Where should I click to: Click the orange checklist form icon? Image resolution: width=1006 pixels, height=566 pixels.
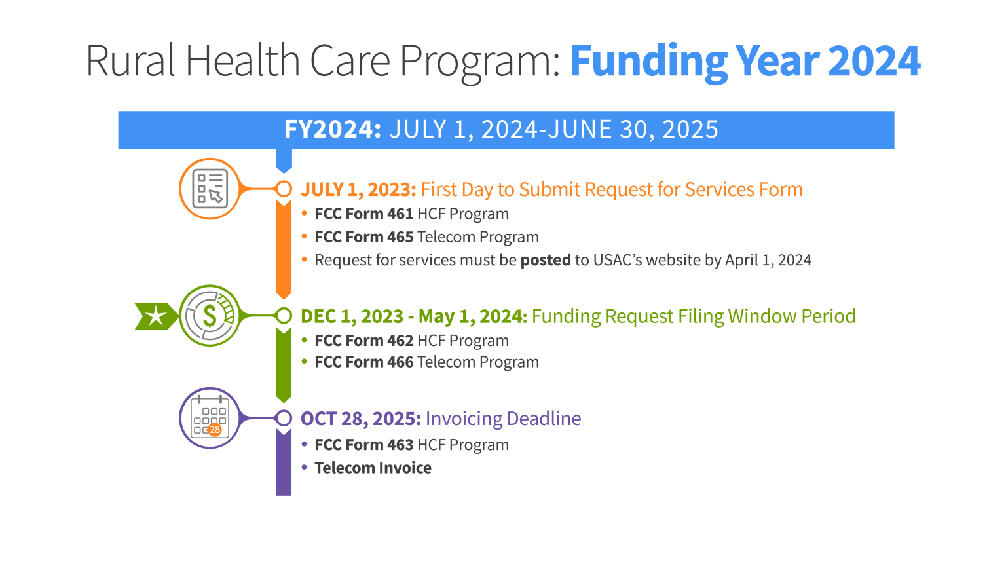click(x=210, y=189)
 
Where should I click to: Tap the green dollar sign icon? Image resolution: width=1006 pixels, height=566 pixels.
click(x=210, y=316)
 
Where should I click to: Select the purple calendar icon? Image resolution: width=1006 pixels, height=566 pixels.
click(x=210, y=418)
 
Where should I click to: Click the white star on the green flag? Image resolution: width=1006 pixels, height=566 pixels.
click(x=155, y=316)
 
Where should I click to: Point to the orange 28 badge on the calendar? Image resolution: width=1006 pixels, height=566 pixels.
click(x=215, y=430)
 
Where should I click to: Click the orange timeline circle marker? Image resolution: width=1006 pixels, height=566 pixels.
click(x=284, y=189)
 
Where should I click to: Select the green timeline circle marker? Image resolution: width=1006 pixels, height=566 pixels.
click(x=284, y=316)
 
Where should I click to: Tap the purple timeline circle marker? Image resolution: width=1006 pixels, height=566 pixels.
click(x=284, y=418)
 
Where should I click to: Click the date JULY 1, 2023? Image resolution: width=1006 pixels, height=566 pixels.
click(x=358, y=189)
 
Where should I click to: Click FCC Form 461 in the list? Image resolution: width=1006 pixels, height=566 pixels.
click(x=363, y=214)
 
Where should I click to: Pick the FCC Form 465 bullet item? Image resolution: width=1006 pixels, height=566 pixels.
click(x=363, y=237)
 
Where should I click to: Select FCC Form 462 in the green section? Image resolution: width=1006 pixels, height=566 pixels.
click(x=363, y=341)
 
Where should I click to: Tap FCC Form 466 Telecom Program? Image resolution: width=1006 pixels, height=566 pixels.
click(x=426, y=362)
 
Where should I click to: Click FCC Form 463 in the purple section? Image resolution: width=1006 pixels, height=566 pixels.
click(x=363, y=445)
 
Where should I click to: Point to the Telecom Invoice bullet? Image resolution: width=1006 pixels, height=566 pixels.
click(x=373, y=468)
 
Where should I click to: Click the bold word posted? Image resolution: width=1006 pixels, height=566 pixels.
click(x=546, y=261)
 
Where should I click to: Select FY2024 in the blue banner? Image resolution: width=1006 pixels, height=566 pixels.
click(x=332, y=130)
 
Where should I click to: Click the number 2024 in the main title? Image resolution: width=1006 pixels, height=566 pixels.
click(x=874, y=61)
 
